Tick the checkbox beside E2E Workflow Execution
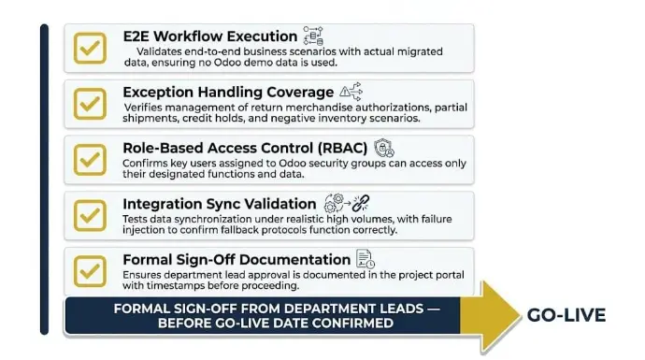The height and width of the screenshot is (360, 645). point(90,48)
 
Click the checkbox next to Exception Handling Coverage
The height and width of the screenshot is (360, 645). point(90,104)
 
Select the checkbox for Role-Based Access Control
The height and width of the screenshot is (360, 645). point(90,160)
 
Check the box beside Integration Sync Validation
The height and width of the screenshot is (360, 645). point(90,216)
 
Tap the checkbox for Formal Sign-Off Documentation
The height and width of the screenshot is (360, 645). point(90,271)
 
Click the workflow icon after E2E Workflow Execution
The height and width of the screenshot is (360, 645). point(313,36)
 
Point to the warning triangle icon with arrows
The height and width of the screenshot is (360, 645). point(351,92)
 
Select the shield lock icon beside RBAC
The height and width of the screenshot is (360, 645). point(384,148)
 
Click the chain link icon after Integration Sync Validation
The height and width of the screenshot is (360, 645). point(361,203)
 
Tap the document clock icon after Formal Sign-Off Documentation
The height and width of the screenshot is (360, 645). point(365,259)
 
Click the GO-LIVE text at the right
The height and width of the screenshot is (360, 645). point(566,315)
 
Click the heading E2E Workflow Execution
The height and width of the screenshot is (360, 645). point(210,36)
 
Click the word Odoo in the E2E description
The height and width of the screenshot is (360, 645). point(227,63)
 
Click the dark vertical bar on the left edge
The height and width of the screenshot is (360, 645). point(45,180)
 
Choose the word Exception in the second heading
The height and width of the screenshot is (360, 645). point(158,93)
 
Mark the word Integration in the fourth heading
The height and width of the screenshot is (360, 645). point(162,204)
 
